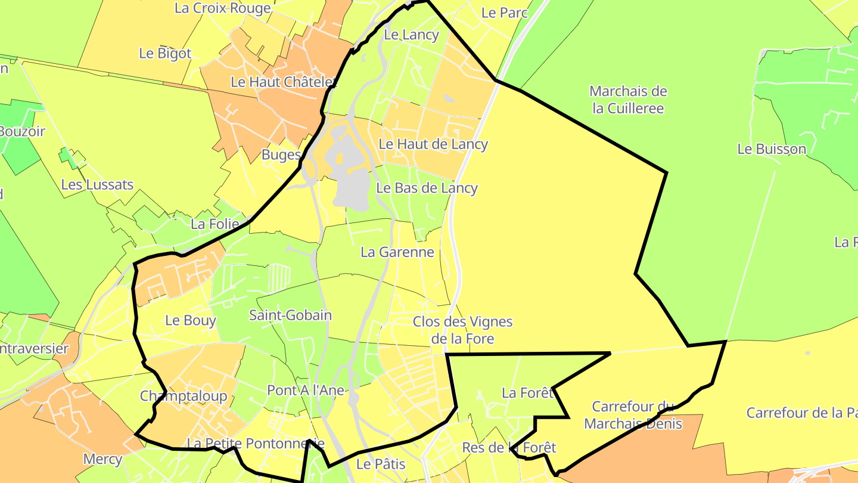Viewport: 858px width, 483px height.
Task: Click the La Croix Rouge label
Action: (x=223, y=8)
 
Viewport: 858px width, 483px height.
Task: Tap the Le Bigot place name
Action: (x=165, y=53)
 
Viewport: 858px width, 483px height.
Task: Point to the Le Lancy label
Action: (x=411, y=35)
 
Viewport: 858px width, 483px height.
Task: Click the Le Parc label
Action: (x=504, y=13)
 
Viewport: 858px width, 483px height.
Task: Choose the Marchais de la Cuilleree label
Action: (x=628, y=100)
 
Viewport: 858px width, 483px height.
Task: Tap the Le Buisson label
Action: (x=772, y=149)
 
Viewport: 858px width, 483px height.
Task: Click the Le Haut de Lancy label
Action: (x=433, y=144)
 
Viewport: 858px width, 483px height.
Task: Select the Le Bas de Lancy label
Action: (x=427, y=188)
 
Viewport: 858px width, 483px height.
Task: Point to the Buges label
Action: (x=281, y=155)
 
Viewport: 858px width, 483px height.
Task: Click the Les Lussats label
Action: (x=97, y=185)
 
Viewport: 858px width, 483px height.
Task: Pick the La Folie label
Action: (x=214, y=225)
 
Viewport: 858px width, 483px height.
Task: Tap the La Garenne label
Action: (x=397, y=252)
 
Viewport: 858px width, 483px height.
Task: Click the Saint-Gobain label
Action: (x=290, y=315)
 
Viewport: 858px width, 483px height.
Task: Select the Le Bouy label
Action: (x=190, y=320)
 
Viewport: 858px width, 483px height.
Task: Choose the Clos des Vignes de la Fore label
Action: (x=462, y=330)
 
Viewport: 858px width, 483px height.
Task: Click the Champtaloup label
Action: (x=184, y=396)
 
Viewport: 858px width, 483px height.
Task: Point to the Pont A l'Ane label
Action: (x=306, y=390)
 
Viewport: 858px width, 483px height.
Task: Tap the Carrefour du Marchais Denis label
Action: (x=633, y=415)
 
